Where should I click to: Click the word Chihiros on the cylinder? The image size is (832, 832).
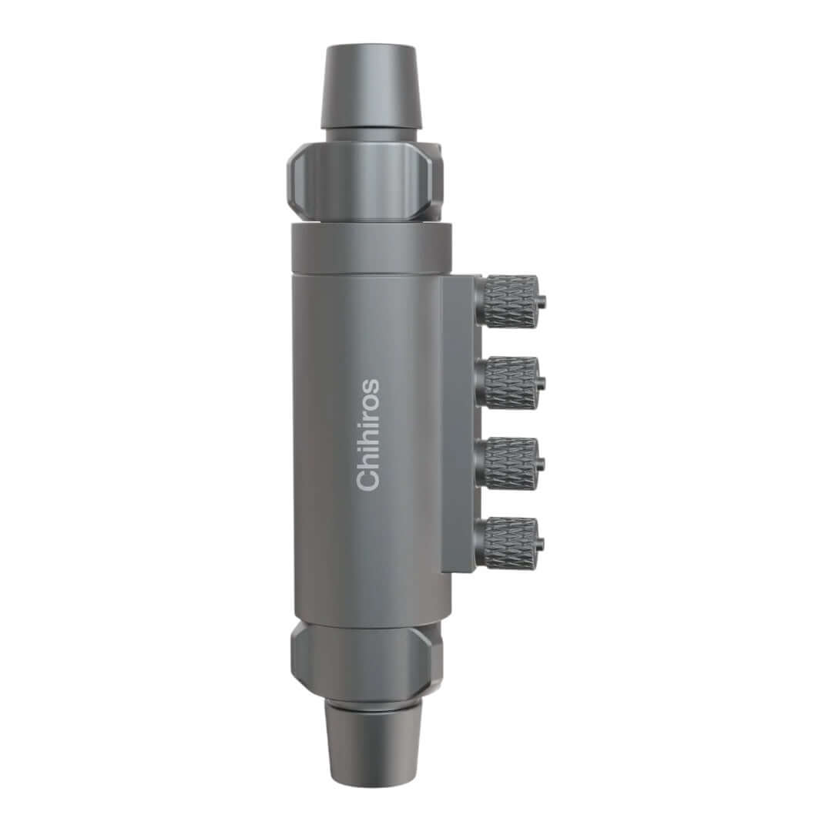[368, 434]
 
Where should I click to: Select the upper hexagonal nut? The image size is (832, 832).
[365, 179]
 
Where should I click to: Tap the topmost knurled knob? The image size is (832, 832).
[508, 300]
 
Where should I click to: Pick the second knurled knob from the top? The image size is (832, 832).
[508, 382]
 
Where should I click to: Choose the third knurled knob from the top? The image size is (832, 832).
[508, 463]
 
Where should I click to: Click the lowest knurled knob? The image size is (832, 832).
[508, 543]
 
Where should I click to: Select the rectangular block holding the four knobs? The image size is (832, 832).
[459, 424]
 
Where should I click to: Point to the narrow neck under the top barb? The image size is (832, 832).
[371, 135]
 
